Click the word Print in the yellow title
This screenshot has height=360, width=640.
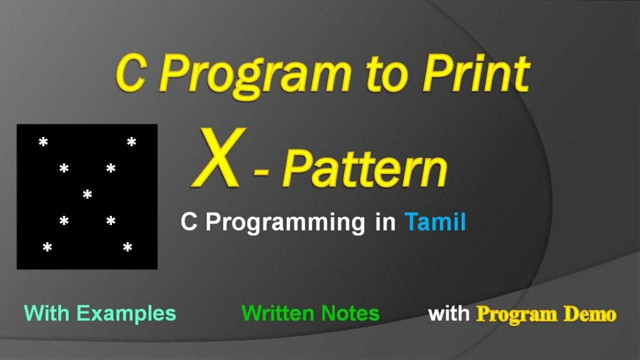(475, 73)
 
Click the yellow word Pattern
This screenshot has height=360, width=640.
(364, 168)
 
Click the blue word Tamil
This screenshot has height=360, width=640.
(435, 221)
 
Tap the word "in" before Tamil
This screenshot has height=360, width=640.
(385, 221)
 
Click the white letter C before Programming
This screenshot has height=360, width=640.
(189, 222)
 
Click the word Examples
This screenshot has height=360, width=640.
(126, 313)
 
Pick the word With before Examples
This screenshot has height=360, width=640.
(46, 313)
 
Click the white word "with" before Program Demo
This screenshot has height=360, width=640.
(448, 313)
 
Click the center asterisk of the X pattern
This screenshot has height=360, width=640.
(87, 195)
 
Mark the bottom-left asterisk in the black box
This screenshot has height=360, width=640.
(47, 247)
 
